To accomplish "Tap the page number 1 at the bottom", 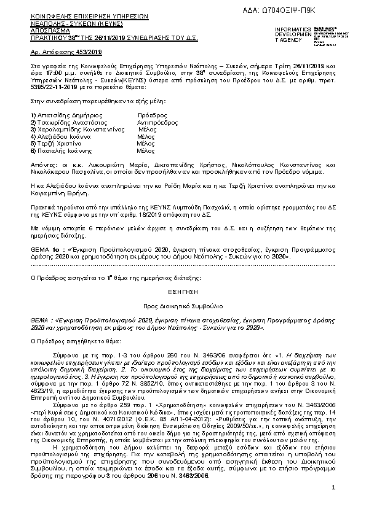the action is (x=332, y=505).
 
